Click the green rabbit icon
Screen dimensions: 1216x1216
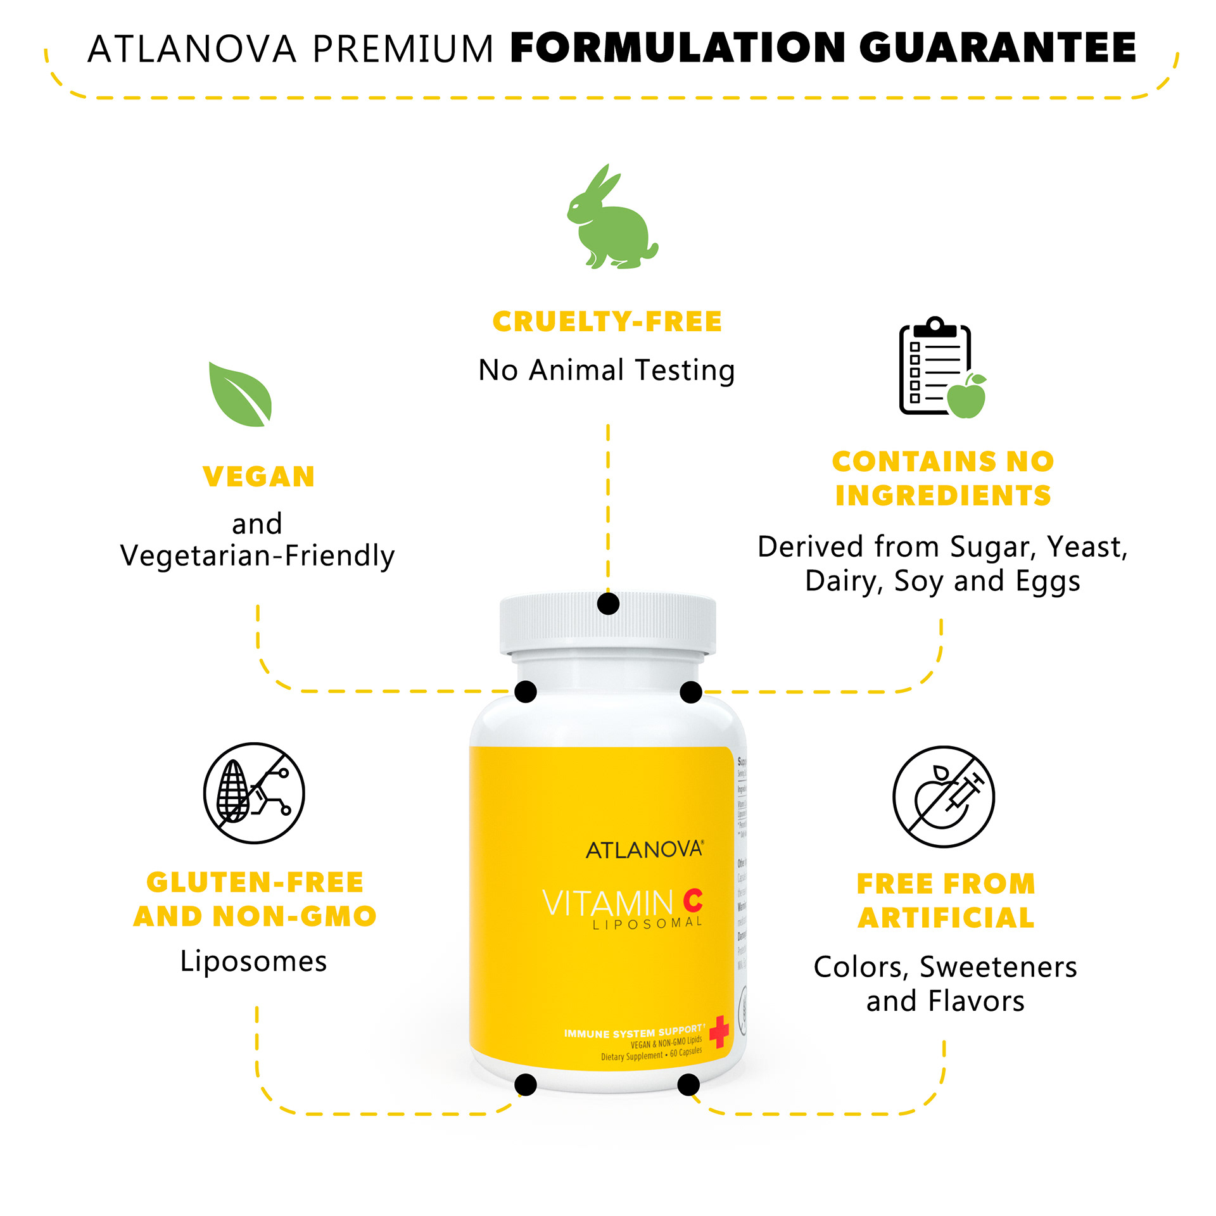coord(611,222)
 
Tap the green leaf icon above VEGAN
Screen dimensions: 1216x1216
coord(241,395)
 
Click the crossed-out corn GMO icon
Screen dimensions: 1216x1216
coord(254,793)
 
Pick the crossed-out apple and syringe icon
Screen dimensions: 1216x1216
coord(944,796)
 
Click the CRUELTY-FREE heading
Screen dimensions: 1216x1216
coord(607,322)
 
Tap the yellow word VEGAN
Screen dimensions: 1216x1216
coord(258,477)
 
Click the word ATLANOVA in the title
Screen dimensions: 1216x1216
coord(192,49)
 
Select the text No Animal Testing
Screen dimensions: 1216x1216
coord(607,370)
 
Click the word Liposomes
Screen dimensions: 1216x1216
coord(253,961)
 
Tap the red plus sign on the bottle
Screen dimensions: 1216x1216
coord(719,1032)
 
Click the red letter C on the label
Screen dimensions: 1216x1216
coord(693,900)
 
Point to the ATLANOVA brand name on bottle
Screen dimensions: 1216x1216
coord(644,850)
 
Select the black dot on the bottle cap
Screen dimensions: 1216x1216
coord(608,604)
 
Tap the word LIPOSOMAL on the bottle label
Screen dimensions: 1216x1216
coord(647,924)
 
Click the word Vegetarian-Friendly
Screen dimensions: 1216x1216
coord(257,556)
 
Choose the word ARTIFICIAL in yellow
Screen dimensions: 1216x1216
coord(946,918)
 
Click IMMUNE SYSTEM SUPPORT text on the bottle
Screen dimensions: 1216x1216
coord(633,1033)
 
